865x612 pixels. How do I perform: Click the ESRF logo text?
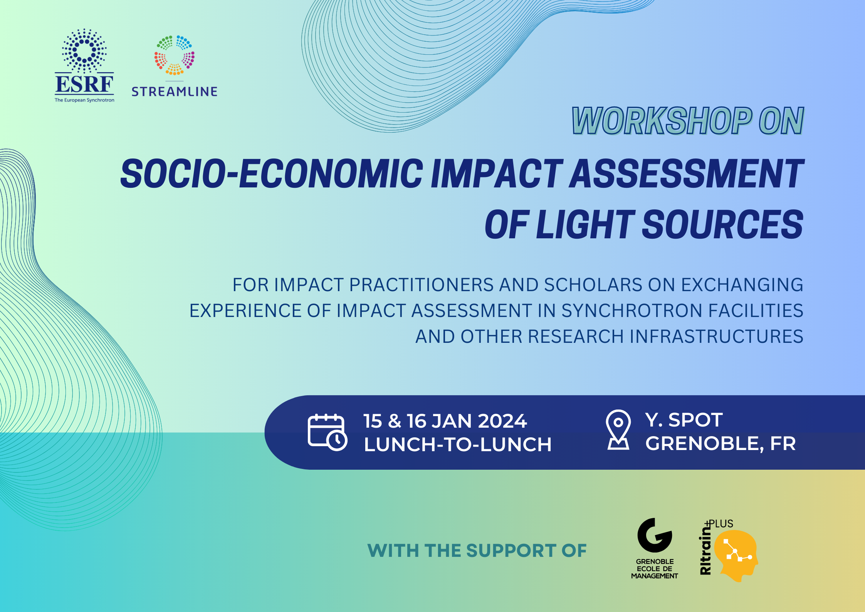[x=84, y=84]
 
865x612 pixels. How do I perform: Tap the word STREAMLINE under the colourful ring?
[x=175, y=92]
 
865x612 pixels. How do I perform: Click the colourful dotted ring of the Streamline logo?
[x=175, y=55]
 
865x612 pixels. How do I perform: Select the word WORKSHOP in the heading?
[x=662, y=121]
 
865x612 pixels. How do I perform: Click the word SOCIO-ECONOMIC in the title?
[x=272, y=174]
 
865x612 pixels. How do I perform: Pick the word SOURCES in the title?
[x=723, y=224]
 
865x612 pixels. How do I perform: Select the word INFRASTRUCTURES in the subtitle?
[x=717, y=337]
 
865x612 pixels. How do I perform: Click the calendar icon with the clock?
[x=328, y=432]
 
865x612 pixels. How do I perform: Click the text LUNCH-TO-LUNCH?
[x=458, y=444]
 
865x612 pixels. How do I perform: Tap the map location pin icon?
[x=618, y=430]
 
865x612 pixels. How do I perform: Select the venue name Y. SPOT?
[x=684, y=420]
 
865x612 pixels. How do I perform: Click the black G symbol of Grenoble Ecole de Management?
[x=655, y=535]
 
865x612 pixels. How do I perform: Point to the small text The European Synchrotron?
[x=84, y=100]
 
